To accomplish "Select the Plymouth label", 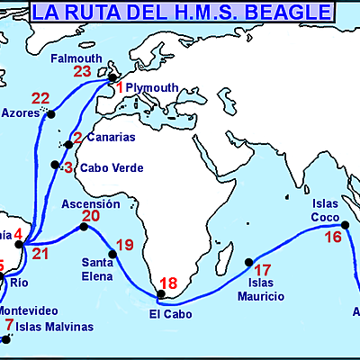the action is click(x=148, y=87).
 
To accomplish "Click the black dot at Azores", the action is click(x=51, y=114).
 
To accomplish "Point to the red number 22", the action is click(x=40, y=99).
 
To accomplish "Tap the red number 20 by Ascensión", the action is click(x=91, y=216).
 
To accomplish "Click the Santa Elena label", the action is click(x=98, y=269).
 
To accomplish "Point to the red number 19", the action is click(x=125, y=245).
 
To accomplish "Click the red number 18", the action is click(x=168, y=283).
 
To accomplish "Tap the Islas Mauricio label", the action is click(x=261, y=290).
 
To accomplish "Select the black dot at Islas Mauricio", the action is click(x=249, y=263).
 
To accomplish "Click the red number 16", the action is click(x=333, y=238).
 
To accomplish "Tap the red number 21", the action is click(x=40, y=254).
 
